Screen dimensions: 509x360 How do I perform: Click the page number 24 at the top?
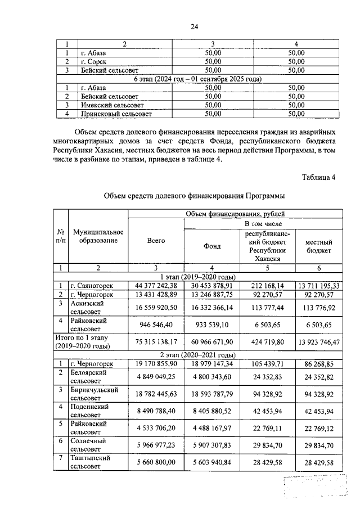coord(194,26)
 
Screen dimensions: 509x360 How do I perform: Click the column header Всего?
coord(156,241)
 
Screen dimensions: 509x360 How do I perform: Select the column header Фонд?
coord(211,246)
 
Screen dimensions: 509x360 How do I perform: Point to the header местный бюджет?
coord(318,246)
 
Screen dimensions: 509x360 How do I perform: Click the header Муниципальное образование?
coord(94,236)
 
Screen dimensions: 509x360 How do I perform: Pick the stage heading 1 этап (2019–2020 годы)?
coord(198,277)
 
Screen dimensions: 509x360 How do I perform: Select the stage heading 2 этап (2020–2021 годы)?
coord(198,355)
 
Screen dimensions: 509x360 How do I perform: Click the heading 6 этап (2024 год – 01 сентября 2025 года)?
coord(198,79)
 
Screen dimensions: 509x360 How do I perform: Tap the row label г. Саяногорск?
coord(93,286)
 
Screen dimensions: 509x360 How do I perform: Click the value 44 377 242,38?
coord(156,286)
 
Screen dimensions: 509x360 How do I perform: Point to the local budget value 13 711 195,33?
coord(318,286)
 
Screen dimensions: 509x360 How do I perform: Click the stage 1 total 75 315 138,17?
coord(156,340)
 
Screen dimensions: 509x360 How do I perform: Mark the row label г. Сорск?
coord(93,62)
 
